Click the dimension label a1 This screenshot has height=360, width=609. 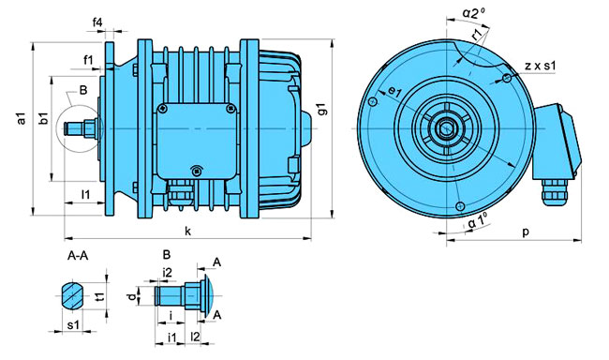tap(22, 118)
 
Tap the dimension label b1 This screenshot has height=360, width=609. tap(45, 118)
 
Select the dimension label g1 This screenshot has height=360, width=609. tap(322, 109)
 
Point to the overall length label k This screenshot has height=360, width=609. tap(188, 232)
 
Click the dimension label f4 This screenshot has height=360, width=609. tap(97, 22)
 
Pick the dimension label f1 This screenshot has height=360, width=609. tap(88, 60)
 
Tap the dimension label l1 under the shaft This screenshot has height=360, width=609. tap(85, 194)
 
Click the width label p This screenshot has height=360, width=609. tap(526, 232)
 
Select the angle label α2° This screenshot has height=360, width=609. tap(473, 12)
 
